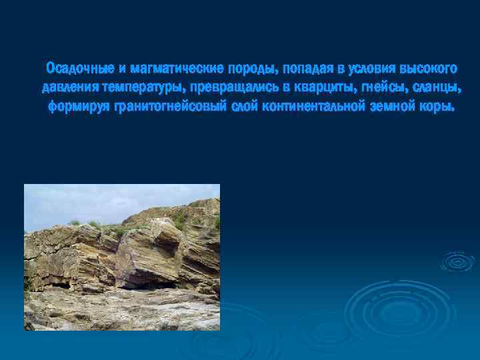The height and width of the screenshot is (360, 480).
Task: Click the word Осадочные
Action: click(77, 69)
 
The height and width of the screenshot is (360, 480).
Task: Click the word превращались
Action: click(236, 88)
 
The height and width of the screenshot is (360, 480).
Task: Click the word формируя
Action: click(78, 107)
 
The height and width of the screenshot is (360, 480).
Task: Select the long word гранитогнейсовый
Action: click(167, 107)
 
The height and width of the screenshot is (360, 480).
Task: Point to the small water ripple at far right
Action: click(457, 262)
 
